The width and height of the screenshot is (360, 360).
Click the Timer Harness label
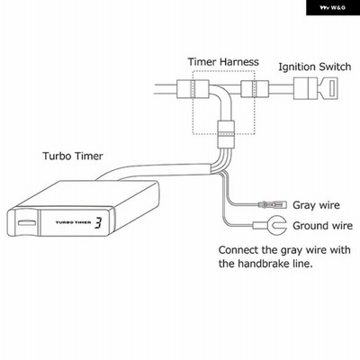[x=223, y=62]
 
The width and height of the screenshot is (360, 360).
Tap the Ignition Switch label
[x=315, y=67]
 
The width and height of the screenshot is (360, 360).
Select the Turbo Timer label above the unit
[x=73, y=156]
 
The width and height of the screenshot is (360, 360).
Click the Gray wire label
[x=316, y=205]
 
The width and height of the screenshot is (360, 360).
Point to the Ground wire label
[x=322, y=226]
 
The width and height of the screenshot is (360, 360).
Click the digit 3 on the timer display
[x=98, y=223]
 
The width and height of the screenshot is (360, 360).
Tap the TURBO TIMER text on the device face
[x=74, y=222]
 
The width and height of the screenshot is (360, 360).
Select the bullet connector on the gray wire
[x=273, y=204]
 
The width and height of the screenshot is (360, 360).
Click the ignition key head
[x=328, y=88]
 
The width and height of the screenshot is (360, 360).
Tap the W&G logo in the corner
[x=332, y=8]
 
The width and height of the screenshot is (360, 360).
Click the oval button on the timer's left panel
[x=26, y=223]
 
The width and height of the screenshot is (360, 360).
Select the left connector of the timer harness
[x=193, y=89]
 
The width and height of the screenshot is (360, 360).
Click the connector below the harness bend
[x=226, y=134]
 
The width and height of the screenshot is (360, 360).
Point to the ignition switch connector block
[x=305, y=88]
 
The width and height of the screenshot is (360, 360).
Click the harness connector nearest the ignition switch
[x=255, y=89]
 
